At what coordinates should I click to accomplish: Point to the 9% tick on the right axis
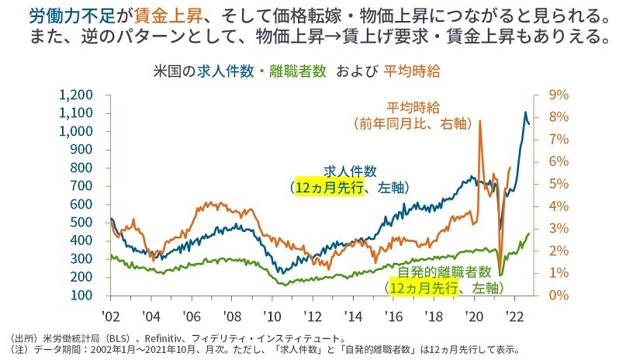point(559,95)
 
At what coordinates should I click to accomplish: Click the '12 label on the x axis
point(313,317)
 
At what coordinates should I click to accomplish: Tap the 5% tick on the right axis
point(559,184)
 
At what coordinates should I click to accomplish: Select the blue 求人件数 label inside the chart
point(350,171)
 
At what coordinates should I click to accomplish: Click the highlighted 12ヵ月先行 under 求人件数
point(327,188)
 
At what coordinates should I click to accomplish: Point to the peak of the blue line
point(524,113)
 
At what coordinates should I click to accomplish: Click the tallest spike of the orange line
point(480,122)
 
